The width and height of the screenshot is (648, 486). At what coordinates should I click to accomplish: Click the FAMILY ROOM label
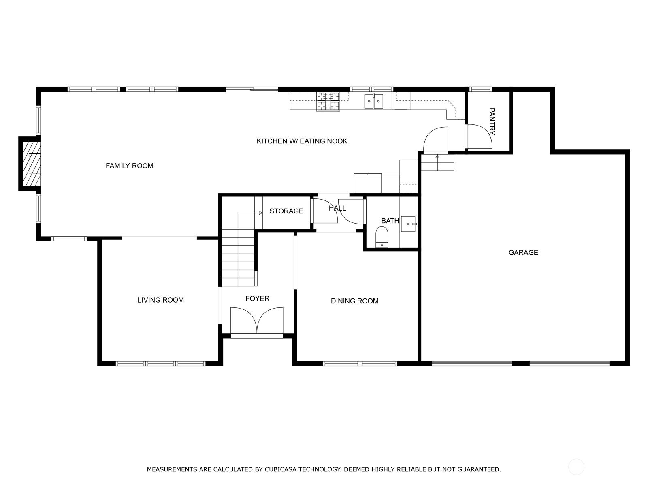click(x=129, y=166)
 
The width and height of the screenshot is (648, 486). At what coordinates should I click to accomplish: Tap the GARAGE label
click(x=523, y=252)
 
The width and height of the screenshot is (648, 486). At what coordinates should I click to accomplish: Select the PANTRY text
click(x=492, y=121)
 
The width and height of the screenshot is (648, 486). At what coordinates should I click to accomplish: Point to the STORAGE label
click(x=286, y=211)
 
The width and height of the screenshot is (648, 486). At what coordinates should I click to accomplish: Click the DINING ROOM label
click(x=354, y=301)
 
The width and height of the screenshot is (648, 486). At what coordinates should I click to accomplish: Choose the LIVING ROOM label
click(x=161, y=300)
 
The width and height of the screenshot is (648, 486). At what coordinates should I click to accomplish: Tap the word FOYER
click(x=257, y=298)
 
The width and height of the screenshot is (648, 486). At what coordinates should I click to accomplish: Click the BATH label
click(x=390, y=221)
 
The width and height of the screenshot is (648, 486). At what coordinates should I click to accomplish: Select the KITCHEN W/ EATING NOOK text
click(x=302, y=141)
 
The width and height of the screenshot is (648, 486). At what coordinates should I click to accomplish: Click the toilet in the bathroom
click(x=382, y=237)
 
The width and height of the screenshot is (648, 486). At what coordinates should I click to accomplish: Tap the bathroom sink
click(x=409, y=224)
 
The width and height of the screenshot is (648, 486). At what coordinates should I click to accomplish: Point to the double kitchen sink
click(x=373, y=101)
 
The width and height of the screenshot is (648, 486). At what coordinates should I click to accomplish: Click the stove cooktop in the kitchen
click(x=328, y=102)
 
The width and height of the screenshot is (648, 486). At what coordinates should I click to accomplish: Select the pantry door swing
click(x=479, y=136)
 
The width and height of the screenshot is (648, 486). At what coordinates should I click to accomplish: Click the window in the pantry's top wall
click(x=481, y=89)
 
